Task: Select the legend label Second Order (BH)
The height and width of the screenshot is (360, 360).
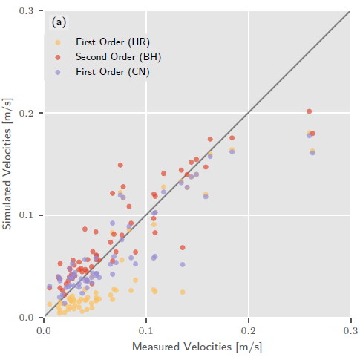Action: click(x=118, y=56)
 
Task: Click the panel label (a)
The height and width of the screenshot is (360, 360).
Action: click(x=59, y=22)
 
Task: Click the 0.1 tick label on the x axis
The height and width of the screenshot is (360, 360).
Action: click(x=146, y=329)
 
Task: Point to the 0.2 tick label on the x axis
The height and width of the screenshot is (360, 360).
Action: click(x=249, y=329)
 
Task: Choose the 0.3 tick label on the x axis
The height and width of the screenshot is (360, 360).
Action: click(x=350, y=329)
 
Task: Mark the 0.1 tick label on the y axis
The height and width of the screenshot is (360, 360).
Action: click(x=28, y=215)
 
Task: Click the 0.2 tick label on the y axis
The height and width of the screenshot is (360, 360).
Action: click(x=28, y=113)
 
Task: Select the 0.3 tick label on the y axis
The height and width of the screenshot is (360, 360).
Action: click(x=28, y=10)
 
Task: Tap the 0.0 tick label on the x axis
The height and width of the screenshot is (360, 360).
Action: click(x=45, y=329)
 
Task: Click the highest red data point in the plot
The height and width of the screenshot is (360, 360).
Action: click(x=309, y=111)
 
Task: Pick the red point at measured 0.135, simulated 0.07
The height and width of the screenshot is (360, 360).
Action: click(x=183, y=247)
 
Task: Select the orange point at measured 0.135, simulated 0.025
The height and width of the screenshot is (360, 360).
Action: click(x=183, y=292)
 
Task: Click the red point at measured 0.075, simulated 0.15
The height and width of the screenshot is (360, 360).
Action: click(x=120, y=165)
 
